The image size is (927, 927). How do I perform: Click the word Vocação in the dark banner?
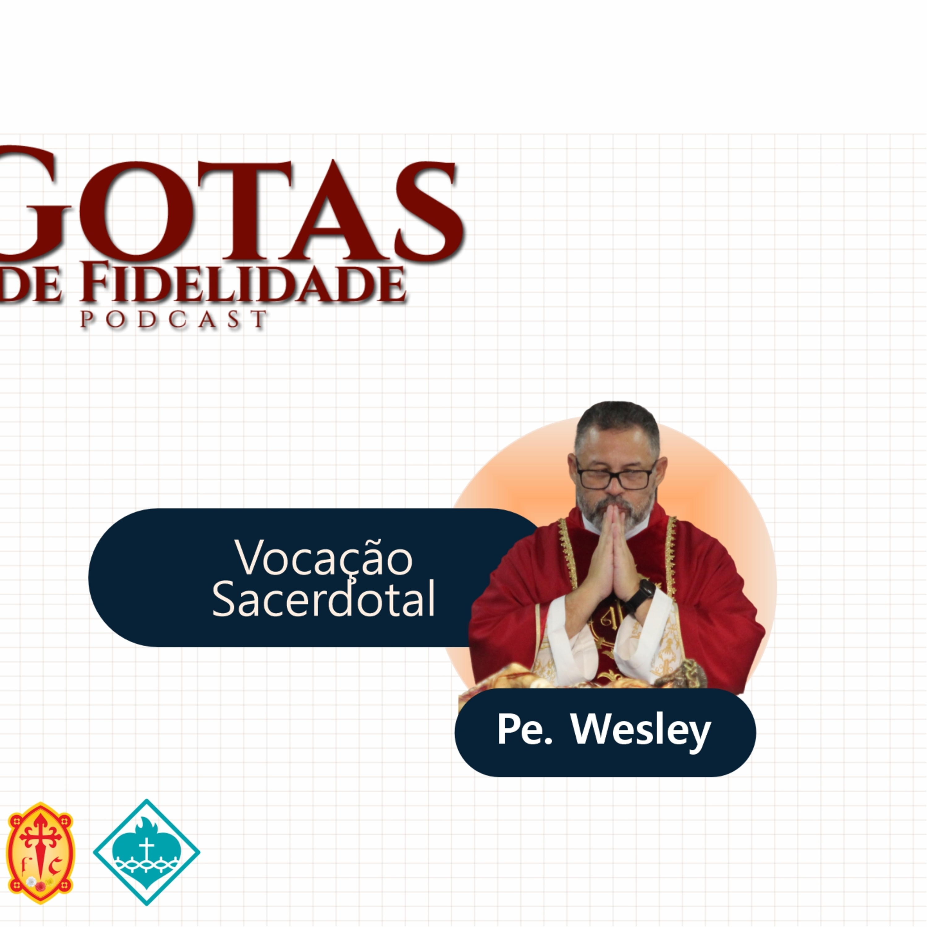(324, 558)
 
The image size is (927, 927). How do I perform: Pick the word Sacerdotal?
(324, 599)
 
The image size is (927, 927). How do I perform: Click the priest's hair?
(616, 422)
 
